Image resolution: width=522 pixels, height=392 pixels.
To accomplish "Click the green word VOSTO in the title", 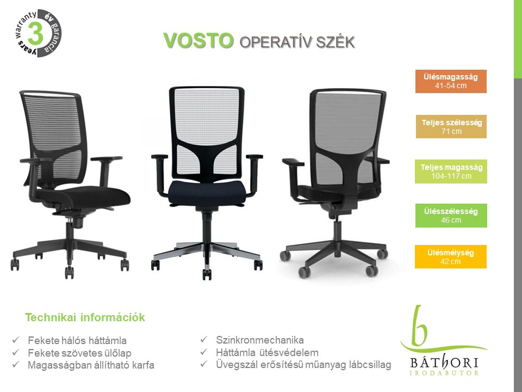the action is click(198, 41).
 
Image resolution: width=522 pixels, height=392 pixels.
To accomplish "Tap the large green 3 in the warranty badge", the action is click(36, 33).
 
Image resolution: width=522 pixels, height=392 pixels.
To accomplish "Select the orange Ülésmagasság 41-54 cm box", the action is click(451, 81).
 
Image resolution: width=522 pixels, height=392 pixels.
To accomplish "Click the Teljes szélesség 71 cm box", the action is click(451, 127).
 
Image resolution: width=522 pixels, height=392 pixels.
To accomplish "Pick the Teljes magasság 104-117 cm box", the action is click(451, 171).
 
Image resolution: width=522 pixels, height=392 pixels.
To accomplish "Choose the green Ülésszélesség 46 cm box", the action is click(451, 216).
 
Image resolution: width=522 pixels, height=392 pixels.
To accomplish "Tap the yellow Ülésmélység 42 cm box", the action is click(450, 256).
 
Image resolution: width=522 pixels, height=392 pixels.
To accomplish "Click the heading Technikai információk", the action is click(85, 317).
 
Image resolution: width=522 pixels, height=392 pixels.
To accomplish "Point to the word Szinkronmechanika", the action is click(260, 340).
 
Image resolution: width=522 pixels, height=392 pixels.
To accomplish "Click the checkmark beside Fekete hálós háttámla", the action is click(16, 340).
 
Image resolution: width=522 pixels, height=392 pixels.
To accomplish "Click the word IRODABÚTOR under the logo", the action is click(444, 372).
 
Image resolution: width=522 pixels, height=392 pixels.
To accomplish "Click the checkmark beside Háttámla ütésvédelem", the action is click(204, 352).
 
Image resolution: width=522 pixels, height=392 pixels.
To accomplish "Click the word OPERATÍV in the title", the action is click(275, 42).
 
